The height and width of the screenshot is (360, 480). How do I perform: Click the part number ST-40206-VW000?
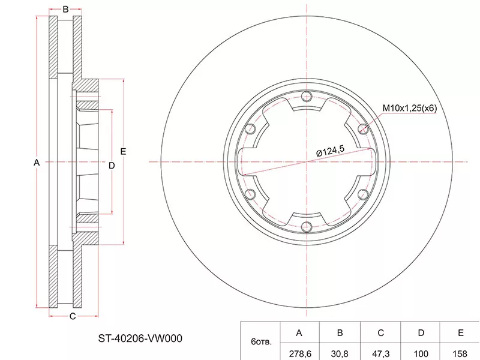pos(140,338)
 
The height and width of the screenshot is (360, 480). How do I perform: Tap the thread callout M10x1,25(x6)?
pos(410,108)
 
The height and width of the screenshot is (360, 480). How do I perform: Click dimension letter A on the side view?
pos(37,163)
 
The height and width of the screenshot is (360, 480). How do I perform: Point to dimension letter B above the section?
pos(65,9)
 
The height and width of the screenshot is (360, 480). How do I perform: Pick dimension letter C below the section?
pos(73,316)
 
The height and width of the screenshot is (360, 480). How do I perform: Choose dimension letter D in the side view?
pos(112,166)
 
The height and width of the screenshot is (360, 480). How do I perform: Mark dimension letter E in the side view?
pos(123,151)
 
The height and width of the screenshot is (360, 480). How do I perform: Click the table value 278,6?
pos(299,353)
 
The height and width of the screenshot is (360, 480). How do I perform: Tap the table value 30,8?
pos(340,353)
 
